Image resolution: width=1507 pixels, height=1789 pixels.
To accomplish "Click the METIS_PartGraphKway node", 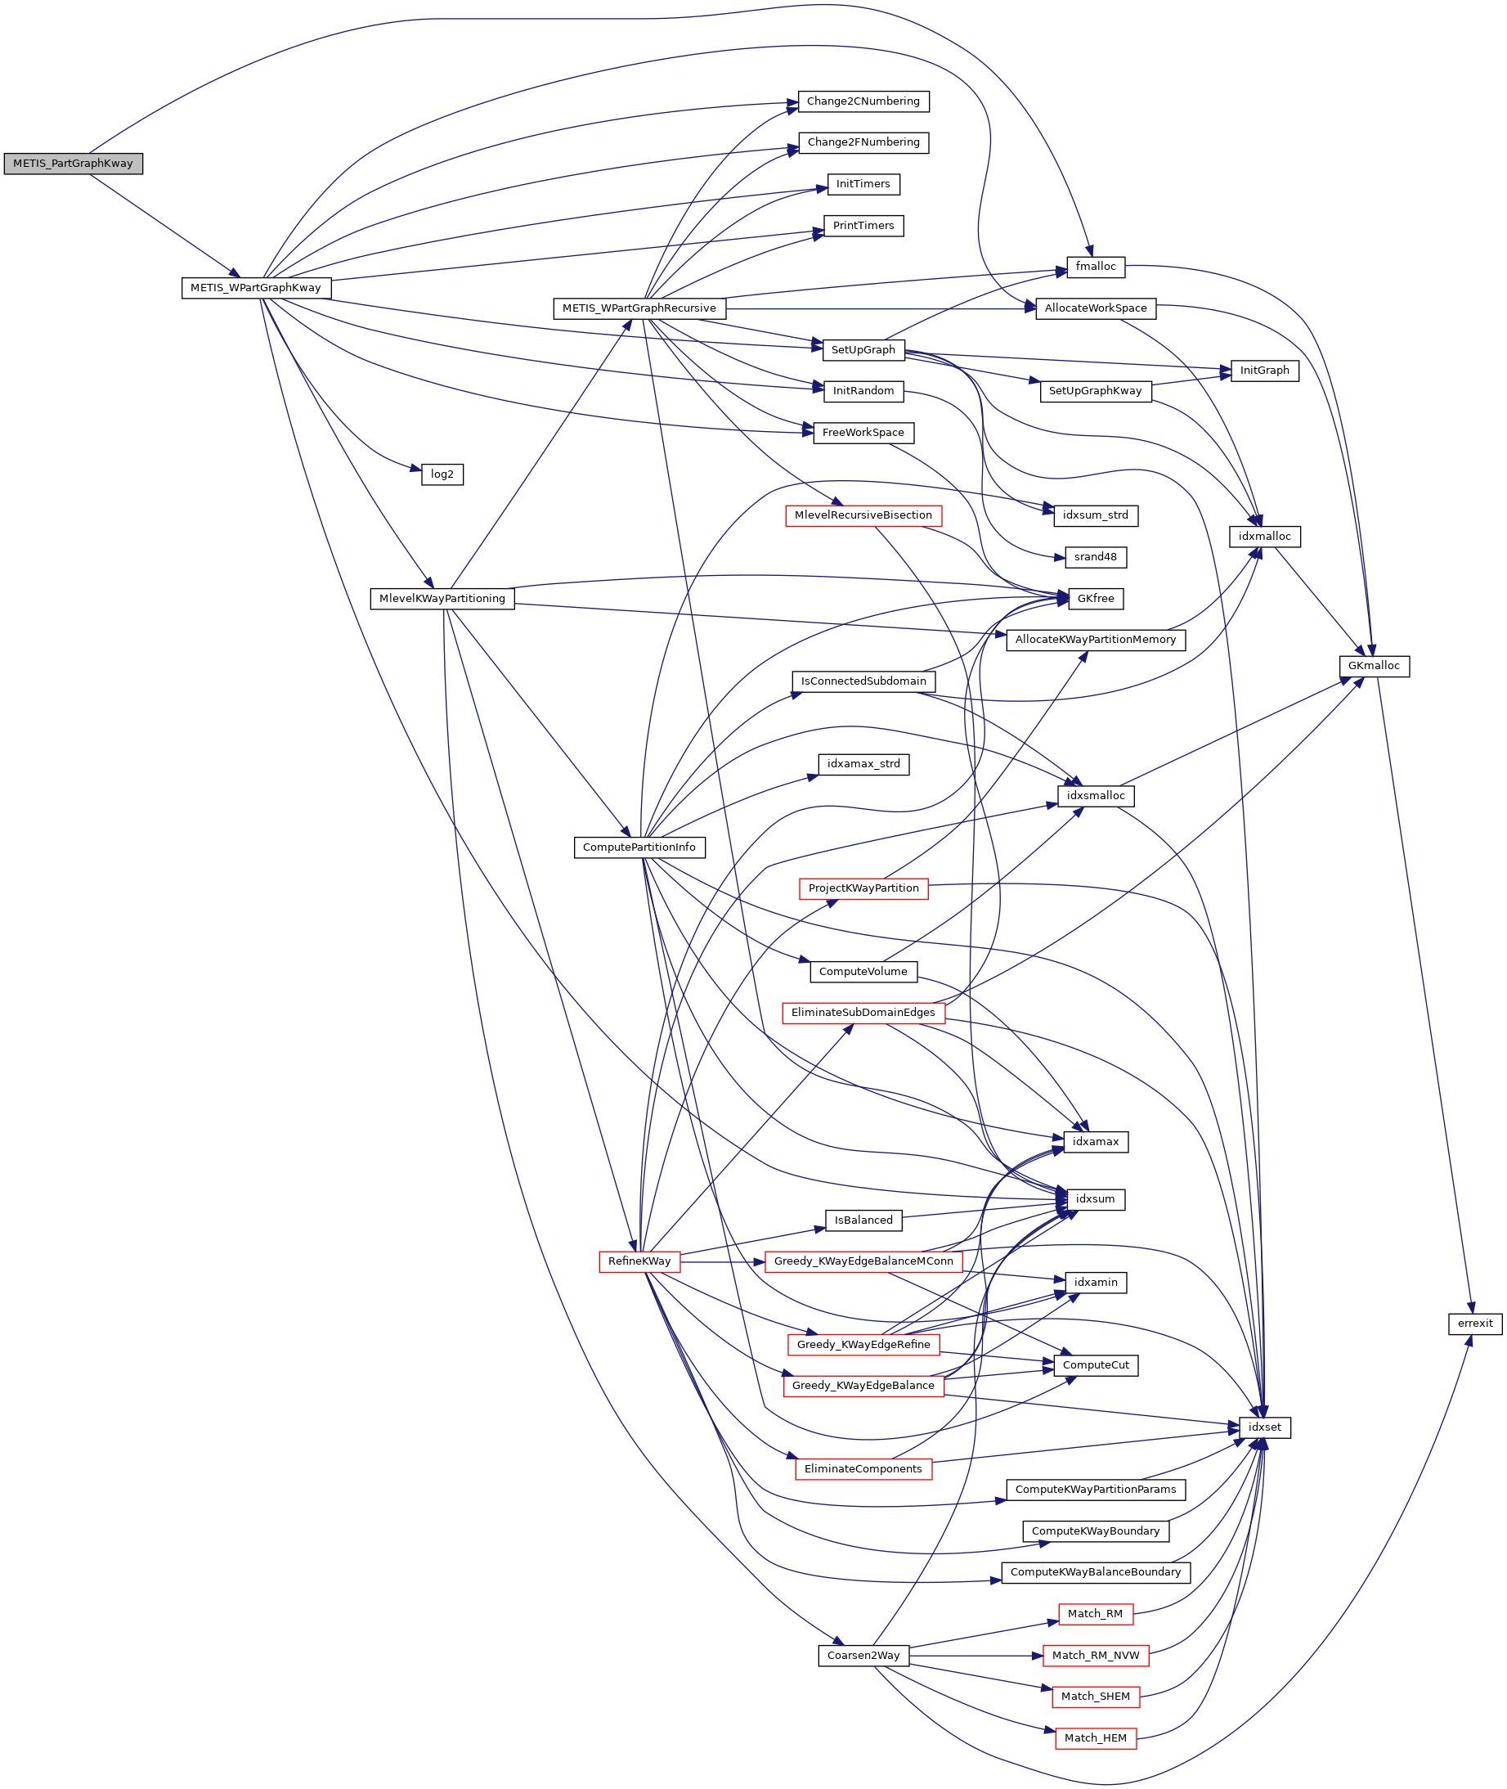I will tap(73, 164).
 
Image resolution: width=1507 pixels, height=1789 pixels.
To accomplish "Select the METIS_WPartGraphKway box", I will tap(255, 288).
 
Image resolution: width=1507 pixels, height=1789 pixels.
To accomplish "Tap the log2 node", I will tap(442, 474).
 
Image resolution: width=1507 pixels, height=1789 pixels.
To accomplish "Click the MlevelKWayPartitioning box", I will tap(442, 598).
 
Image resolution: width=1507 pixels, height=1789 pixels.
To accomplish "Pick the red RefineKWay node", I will tap(639, 1261).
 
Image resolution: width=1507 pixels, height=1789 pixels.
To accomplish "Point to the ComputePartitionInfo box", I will tap(639, 847).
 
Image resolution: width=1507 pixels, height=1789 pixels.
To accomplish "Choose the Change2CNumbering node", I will tap(863, 101).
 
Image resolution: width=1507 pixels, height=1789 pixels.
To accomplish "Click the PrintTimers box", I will tap(863, 226).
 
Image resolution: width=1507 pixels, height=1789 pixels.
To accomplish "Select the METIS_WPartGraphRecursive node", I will tap(639, 308).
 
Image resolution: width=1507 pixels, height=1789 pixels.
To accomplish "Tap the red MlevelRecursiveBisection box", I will tap(863, 515).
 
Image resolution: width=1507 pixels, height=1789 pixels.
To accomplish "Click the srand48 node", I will tap(1095, 557).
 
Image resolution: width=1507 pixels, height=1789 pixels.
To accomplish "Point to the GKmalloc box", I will tap(1374, 666).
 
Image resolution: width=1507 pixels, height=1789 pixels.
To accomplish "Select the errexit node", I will tap(1475, 1324).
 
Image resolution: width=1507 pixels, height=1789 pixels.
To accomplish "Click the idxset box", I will tap(1264, 1427).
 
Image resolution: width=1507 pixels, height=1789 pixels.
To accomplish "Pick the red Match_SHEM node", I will tap(1095, 1697).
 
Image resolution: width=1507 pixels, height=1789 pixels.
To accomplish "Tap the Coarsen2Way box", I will tap(863, 1656).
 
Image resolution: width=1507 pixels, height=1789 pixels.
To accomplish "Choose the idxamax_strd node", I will tap(863, 764).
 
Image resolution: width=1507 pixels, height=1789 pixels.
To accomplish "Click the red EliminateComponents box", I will tap(863, 1469).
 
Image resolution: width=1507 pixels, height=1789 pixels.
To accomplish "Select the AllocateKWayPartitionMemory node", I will tap(1095, 640).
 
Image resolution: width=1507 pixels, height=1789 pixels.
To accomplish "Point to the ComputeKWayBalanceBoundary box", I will tap(1095, 1572).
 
